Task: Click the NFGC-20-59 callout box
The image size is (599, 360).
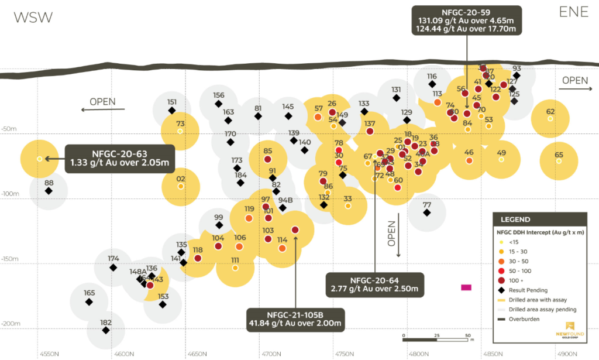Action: [x=466, y=20]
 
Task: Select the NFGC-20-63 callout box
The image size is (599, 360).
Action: [x=121, y=158]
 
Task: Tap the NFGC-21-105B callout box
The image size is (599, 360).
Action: [x=295, y=318]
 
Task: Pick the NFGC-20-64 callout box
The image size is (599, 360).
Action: [x=374, y=284]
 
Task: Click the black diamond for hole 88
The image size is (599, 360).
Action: [x=49, y=191]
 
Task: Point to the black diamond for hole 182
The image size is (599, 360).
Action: [x=106, y=330]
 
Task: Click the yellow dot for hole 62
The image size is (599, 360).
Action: [x=550, y=119]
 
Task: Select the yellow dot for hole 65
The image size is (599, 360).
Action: [x=559, y=161]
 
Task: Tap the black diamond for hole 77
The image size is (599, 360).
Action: [x=427, y=212]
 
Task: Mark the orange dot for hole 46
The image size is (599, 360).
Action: [x=469, y=160]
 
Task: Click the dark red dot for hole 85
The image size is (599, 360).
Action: [x=268, y=159]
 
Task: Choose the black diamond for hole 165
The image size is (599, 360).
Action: [x=89, y=302]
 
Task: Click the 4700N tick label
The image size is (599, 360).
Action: [x=271, y=354]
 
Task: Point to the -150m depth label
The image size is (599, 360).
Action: [x=11, y=259]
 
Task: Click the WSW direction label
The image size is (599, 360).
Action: [x=33, y=17]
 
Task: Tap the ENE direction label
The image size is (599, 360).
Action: [x=574, y=12]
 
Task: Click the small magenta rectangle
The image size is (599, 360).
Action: [x=466, y=287]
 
